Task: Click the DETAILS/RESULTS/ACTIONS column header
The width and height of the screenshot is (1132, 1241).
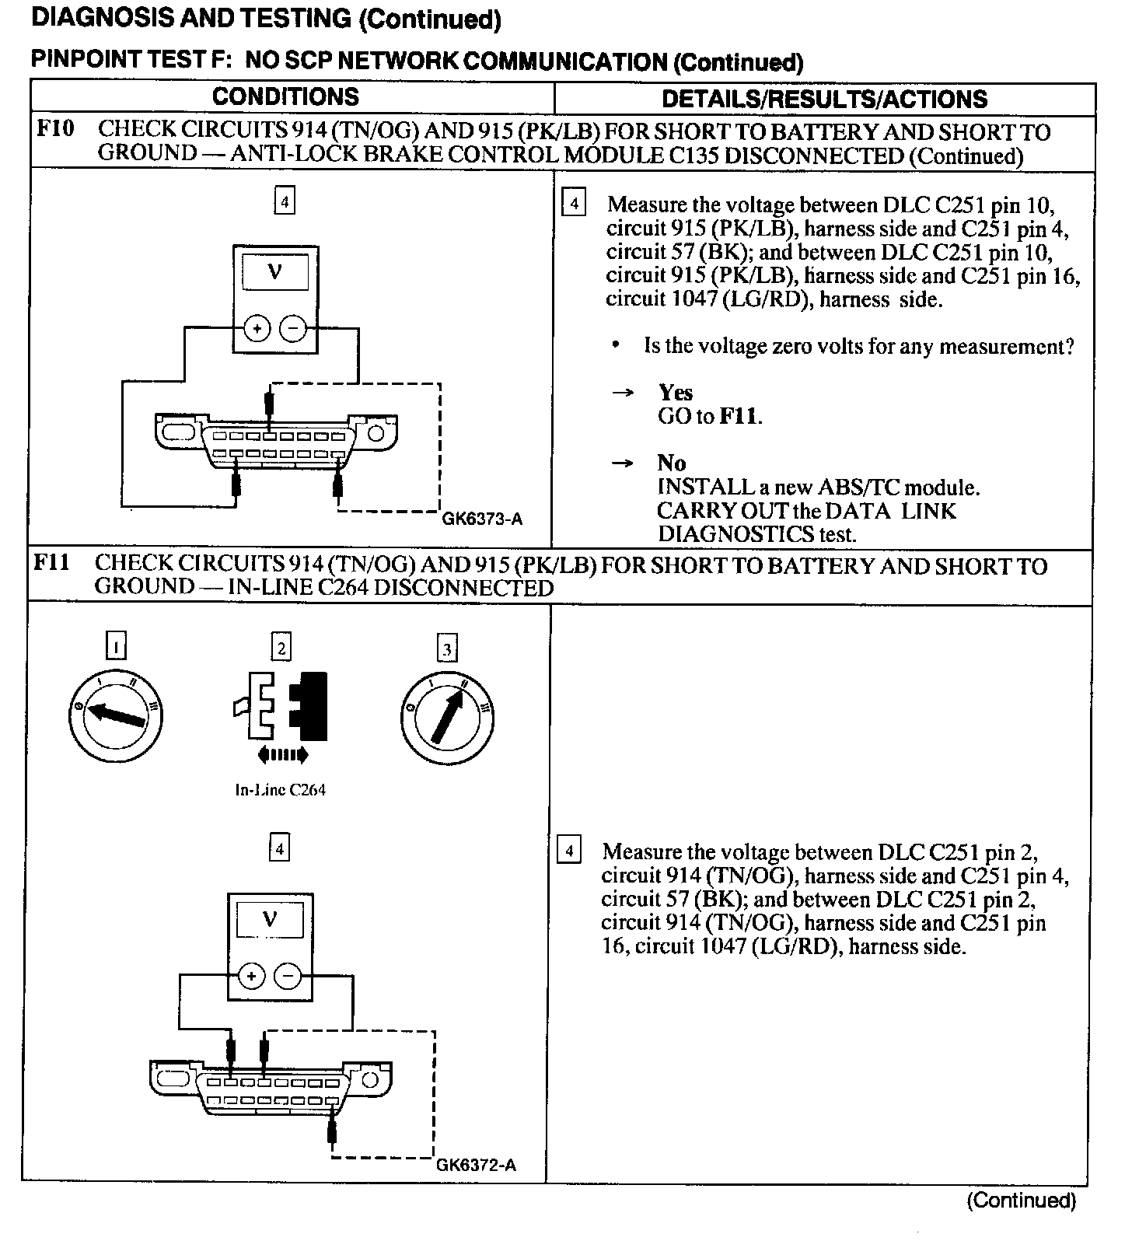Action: click(x=824, y=99)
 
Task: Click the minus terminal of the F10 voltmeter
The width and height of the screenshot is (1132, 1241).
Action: click(x=293, y=329)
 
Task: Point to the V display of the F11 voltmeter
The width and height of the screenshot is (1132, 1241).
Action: click(x=269, y=921)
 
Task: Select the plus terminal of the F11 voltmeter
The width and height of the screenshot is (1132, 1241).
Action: click(x=251, y=976)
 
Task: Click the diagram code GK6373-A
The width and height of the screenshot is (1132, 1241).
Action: click(x=482, y=518)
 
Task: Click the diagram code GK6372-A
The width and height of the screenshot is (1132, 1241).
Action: click(x=476, y=1165)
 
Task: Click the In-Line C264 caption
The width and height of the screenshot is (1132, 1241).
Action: click(x=280, y=790)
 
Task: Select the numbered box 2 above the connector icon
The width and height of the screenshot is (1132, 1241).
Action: click(x=281, y=648)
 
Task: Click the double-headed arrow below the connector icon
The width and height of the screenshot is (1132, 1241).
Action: click(x=281, y=753)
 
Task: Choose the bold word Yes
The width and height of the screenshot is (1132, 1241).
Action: click(x=675, y=393)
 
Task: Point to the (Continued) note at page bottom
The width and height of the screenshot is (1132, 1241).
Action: click(x=1021, y=1201)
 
